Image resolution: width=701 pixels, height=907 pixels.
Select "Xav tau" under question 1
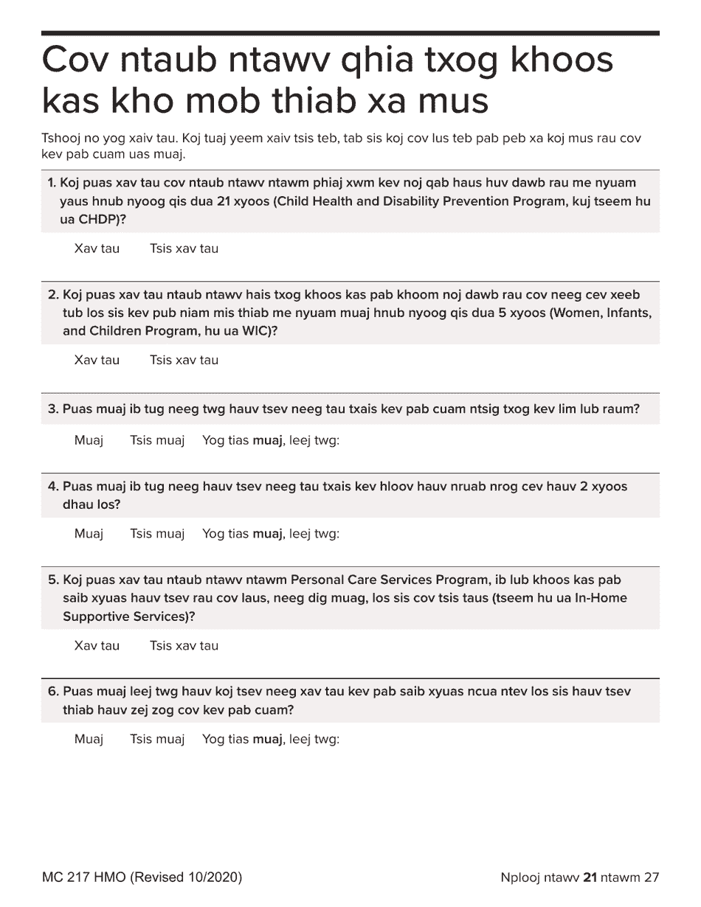[97, 249]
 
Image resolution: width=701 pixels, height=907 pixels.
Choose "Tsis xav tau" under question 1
[184, 249]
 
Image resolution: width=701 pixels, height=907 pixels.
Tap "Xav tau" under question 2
[97, 361]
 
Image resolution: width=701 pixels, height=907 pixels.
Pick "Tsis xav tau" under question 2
[184, 361]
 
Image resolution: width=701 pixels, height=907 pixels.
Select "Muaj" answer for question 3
[89, 442]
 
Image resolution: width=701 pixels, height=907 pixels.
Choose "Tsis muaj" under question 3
[156, 442]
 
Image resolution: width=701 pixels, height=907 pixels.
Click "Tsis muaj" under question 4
[156, 534]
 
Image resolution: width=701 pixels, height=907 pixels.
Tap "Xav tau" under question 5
[97, 646]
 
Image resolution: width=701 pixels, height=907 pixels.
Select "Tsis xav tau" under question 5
[184, 646]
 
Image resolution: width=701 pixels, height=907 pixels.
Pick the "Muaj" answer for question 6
[89, 739]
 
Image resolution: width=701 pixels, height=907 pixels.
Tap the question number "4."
[53, 487]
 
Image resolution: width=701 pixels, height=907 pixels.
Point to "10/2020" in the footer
[212, 878]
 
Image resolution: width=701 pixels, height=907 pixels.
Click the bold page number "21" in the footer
[590, 878]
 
